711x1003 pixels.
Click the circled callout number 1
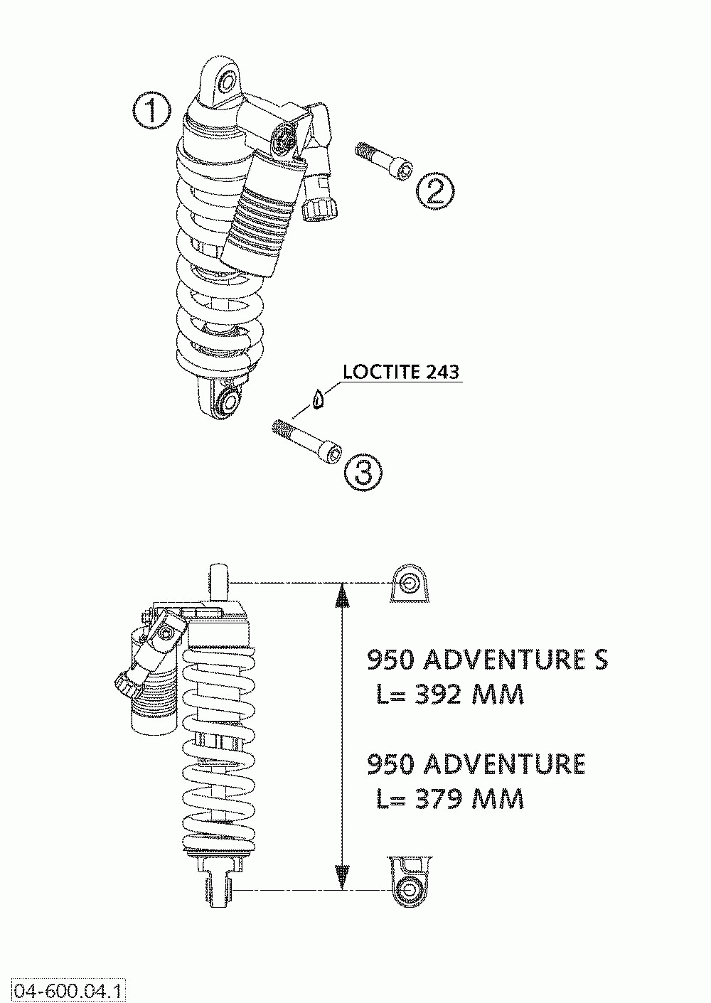tap(151, 112)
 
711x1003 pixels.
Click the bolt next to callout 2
tap(384, 161)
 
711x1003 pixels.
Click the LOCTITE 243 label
tap(400, 372)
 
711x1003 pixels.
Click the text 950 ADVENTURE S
tap(487, 660)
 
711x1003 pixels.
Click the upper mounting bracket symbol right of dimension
tap(410, 584)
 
